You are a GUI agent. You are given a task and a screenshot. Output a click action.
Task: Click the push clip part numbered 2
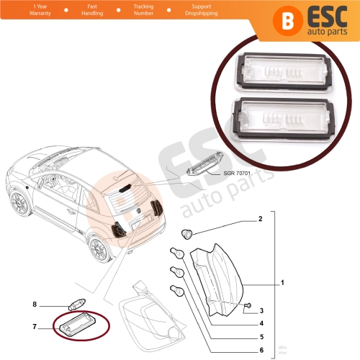coord(189,233)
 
